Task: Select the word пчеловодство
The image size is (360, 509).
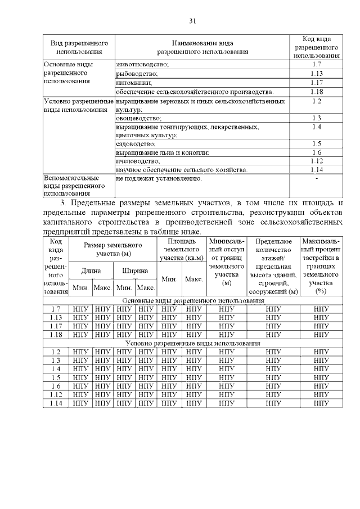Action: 137,161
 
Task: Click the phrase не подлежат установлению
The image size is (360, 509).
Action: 158,179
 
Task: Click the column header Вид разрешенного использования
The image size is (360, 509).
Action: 79,47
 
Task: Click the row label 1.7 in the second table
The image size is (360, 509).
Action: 56,309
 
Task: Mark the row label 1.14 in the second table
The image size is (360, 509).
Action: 56,403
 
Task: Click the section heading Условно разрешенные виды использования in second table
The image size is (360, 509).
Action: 192,343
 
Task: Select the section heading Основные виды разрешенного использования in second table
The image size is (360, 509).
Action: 192,300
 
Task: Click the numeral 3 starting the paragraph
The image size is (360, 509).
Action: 62,202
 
